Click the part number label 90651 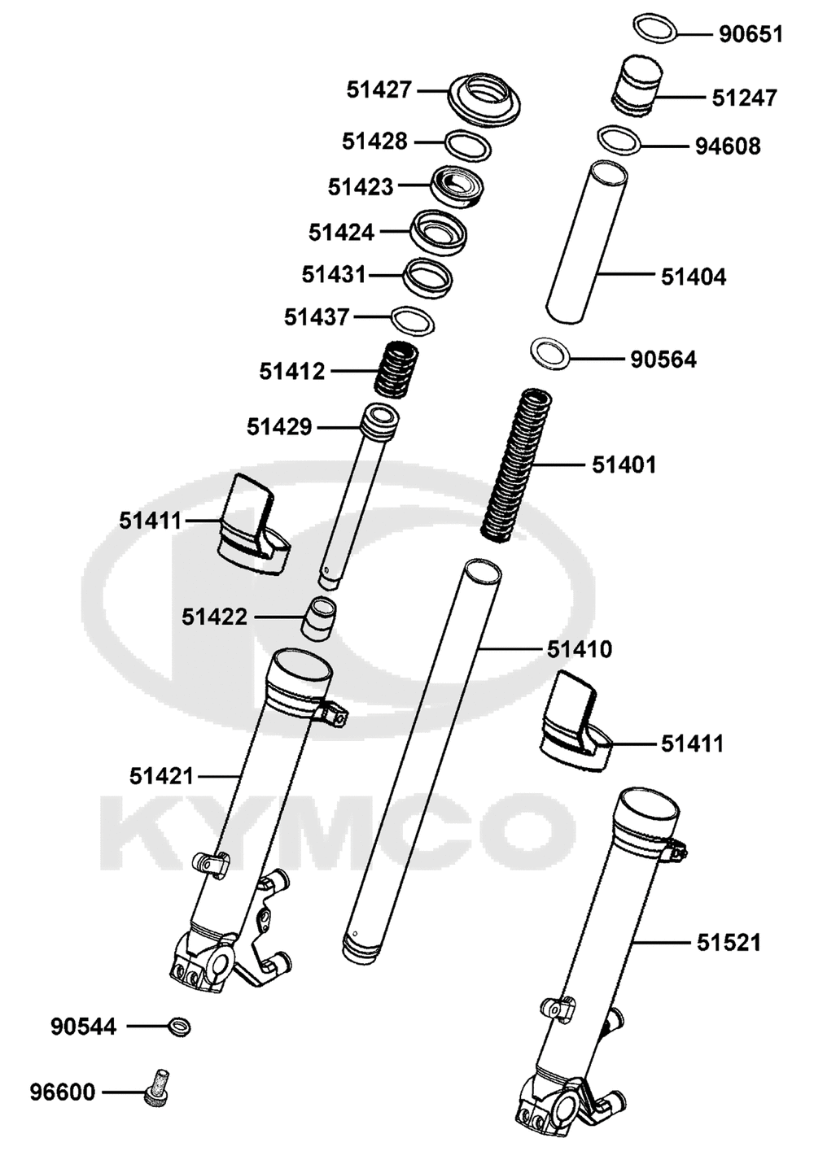coord(751,35)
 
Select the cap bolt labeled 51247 coord(637,85)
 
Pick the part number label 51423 coord(361,187)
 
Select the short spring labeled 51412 coord(396,370)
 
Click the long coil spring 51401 coord(517,465)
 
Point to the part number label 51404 coord(694,277)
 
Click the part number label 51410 coord(580,649)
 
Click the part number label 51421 coord(162,776)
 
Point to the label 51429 coord(279,427)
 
